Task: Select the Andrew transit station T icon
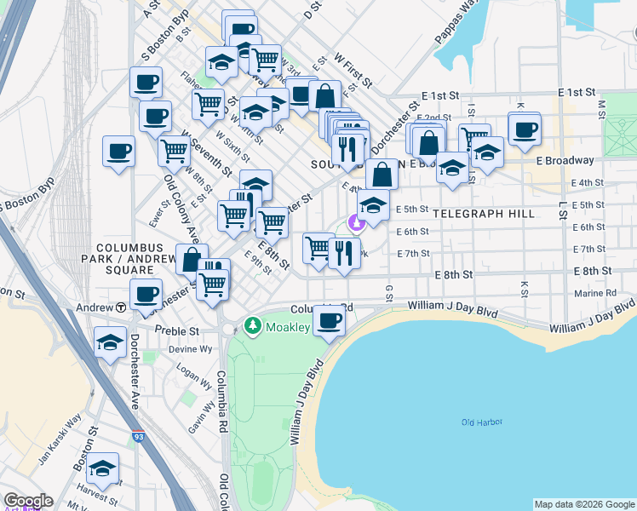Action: pos(122,307)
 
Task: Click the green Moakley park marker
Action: pos(252,326)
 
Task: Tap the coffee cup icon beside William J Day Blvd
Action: pos(330,321)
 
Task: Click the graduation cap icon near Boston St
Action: pos(102,468)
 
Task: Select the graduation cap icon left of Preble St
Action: pos(110,342)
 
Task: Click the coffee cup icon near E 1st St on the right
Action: pos(525,129)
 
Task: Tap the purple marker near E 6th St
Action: pos(357,224)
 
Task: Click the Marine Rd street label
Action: pos(595,293)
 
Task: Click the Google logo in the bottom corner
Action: pos(27,501)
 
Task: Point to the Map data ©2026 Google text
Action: pos(584,504)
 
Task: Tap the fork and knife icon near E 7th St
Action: pos(344,254)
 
